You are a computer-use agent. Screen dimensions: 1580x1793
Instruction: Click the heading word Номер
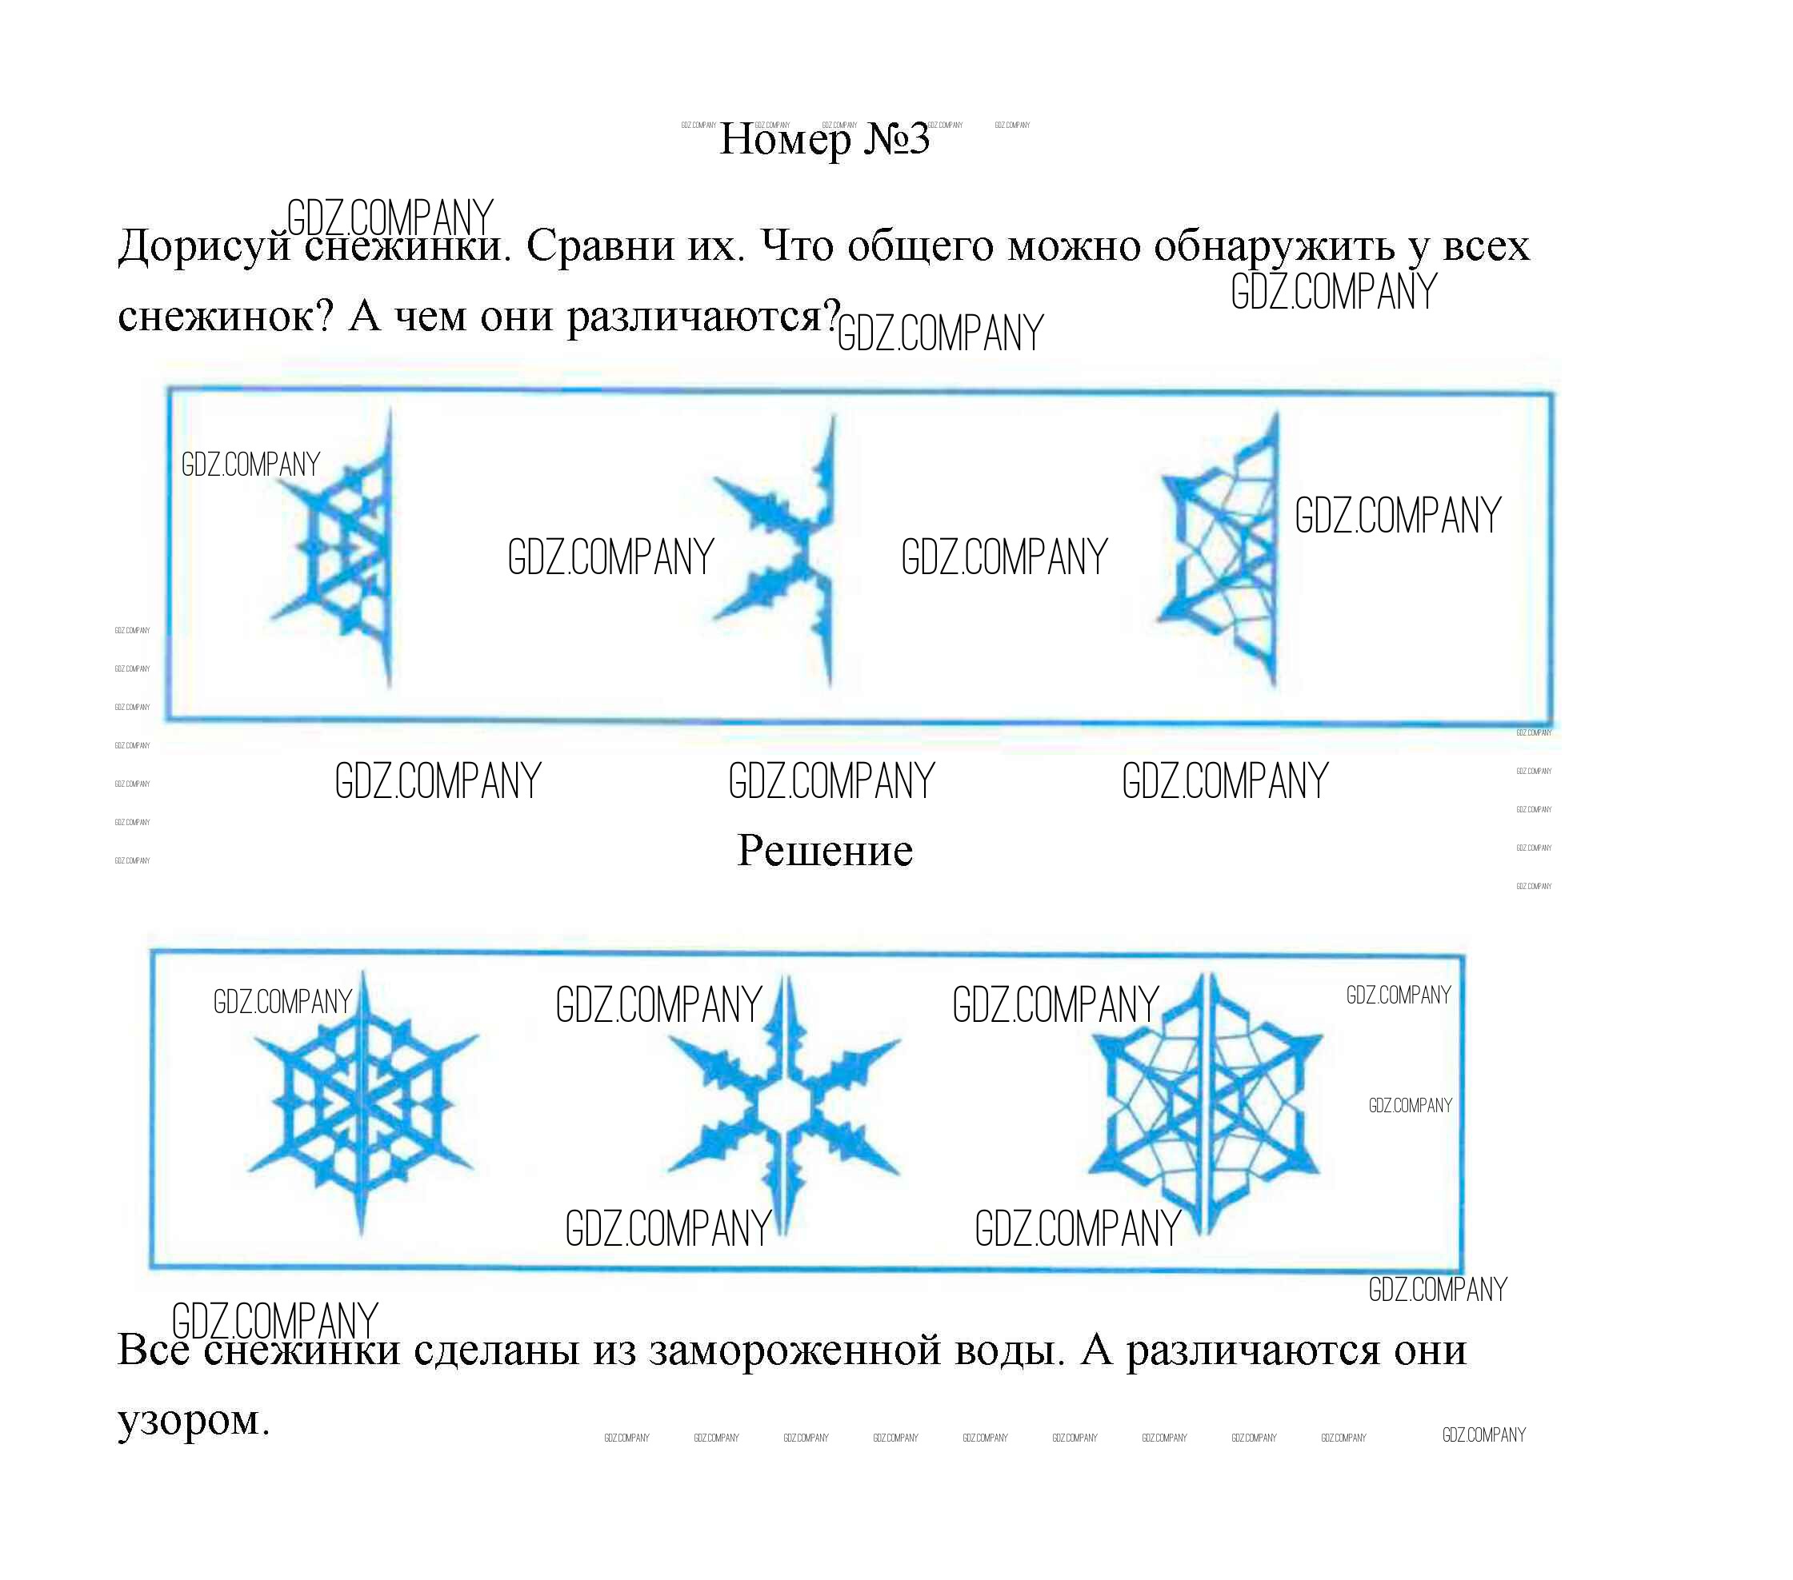784,140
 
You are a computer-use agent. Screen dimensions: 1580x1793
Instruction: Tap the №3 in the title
895,140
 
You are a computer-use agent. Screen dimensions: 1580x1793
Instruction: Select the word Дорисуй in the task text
204,247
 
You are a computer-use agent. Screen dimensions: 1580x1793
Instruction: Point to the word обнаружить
1274,247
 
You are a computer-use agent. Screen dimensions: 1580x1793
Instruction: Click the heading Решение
825,851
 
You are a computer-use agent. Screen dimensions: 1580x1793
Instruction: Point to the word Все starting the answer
154,1350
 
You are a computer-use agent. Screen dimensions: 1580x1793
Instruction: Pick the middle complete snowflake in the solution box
783,1105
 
